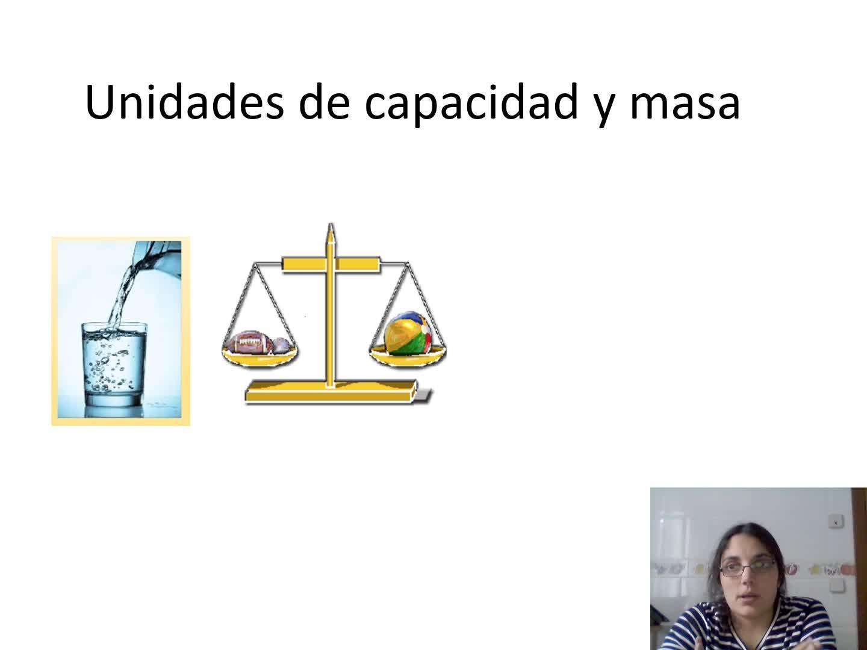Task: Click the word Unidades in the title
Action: pos(184,102)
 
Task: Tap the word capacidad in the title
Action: pos(471,104)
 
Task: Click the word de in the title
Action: pos(325,102)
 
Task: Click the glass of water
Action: pos(114,364)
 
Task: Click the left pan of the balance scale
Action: pos(260,356)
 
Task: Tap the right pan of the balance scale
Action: pos(408,356)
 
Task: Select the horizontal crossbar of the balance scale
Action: pos(331,264)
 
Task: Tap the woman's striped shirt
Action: pos(750,628)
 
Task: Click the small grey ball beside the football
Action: pos(282,345)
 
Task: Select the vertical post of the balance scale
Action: pos(331,316)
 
